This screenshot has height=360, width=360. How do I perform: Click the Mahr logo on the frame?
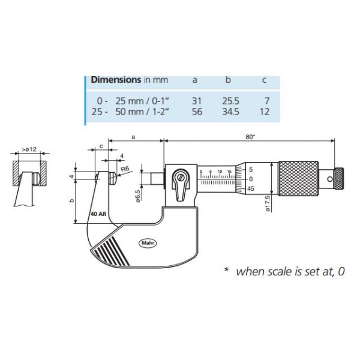tap(148, 243)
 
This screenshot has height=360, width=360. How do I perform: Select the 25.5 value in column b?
tap(230, 101)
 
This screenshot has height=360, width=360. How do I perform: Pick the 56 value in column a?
tap(197, 112)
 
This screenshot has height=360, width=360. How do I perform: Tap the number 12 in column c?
tap(265, 112)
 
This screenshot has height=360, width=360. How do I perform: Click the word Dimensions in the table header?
tap(116, 80)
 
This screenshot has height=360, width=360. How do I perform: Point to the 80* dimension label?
tap(250, 137)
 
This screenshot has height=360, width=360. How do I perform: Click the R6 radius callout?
tap(125, 169)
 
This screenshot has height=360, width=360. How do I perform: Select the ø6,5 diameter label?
tap(138, 196)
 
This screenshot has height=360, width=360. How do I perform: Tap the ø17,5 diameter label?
tap(268, 203)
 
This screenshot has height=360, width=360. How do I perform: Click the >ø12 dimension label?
tap(29, 149)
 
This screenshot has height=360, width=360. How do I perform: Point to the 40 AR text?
tap(98, 214)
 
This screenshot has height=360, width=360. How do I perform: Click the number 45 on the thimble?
tap(251, 188)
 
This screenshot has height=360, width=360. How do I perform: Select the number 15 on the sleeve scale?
tap(229, 171)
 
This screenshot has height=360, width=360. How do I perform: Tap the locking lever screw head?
tap(181, 177)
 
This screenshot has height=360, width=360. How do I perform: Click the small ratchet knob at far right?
tap(339, 179)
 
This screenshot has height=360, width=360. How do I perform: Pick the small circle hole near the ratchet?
tap(330, 179)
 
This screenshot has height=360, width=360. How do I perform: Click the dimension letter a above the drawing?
tap(133, 137)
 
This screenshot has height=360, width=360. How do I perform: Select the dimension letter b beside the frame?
tap(71, 200)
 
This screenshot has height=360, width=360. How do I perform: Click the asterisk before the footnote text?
tap(227, 270)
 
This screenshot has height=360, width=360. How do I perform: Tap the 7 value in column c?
tap(267, 101)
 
